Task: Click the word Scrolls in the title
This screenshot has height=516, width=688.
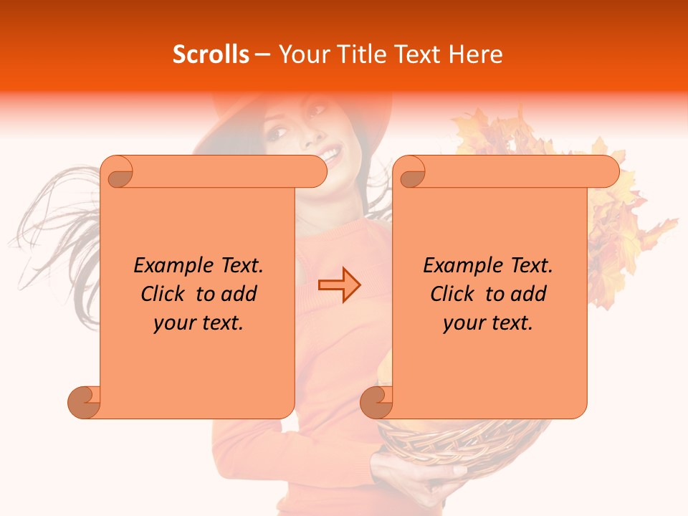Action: coord(211,54)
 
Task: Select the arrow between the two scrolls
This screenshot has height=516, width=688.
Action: coord(340,285)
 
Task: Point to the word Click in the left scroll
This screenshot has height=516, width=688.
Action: coord(165,294)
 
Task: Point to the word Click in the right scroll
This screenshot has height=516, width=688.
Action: coord(454,294)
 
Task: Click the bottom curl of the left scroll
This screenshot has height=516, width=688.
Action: coord(83,402)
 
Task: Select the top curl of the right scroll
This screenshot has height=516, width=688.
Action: coord(411,172)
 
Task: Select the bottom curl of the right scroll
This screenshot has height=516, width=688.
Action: coord(376,402)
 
